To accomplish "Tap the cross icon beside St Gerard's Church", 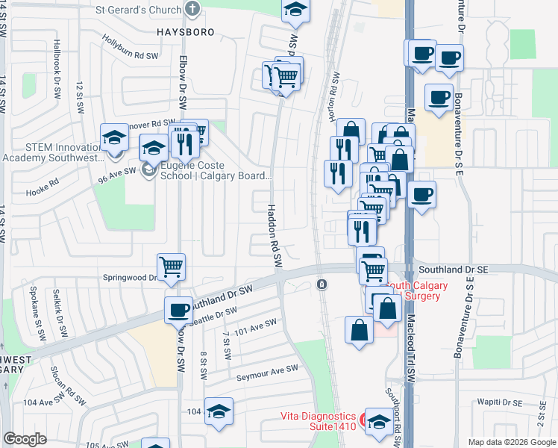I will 192,10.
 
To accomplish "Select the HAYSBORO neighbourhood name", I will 186,33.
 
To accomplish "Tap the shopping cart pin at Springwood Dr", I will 172,267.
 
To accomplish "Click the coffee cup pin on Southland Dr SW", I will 178,310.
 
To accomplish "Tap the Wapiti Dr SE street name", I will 501,402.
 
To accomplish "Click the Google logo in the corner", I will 25,439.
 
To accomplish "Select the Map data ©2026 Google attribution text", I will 511,442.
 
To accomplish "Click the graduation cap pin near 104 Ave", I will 219,411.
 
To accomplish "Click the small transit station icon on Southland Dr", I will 322,284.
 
